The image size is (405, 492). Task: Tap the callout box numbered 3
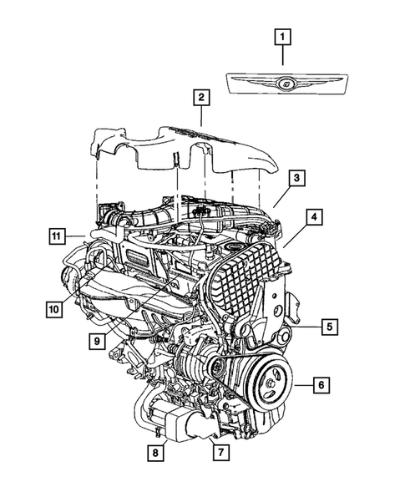pyautogui.click(x=296, y=179)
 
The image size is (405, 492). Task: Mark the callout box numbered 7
pyautogui.click(x=220, y=452)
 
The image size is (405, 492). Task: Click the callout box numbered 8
pyautogui.click(x=156, y=452)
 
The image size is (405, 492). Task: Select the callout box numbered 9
pyautogui.click(x=98, y=340)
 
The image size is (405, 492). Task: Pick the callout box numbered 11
pyautogui.click(x=55, y=237)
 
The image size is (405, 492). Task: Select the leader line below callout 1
pyautogui.click(x=284, y=56)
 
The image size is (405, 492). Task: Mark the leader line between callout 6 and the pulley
pyautogui.click(x=299, y=385)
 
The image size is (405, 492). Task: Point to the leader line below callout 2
pyautogui.click(x=200, y=116)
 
